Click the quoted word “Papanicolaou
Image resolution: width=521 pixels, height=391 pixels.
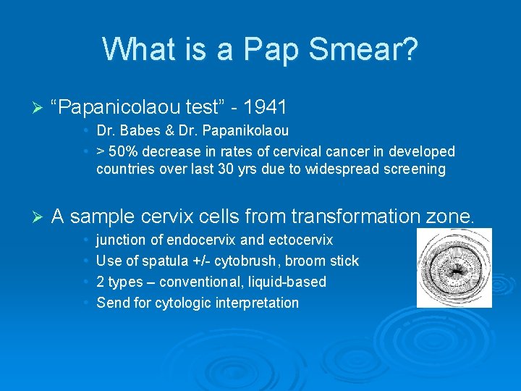pyautogui.click(x=116, y=107)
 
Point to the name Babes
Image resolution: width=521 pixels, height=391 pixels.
pyautogui.click(x=138, y=131)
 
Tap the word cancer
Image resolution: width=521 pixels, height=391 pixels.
pyautogui.click(x=339, y=152)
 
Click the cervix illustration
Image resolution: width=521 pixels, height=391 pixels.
pyautogui.click(x=454, y=267)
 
